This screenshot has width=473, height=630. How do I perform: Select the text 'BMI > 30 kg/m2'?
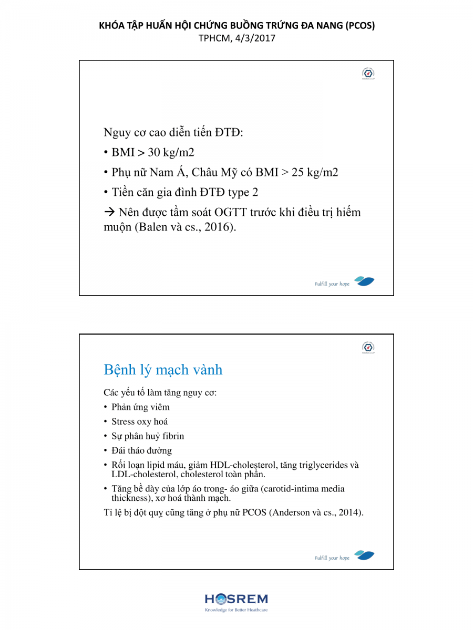point(153,153)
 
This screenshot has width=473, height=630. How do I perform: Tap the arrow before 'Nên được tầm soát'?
point(109,213)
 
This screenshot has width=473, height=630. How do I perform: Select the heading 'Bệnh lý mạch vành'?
point(163,370)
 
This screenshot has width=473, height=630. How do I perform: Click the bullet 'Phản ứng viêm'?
point(140,407)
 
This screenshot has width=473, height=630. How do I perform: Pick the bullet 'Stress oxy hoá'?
point(140,422)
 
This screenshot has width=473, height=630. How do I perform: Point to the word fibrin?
point(172,436)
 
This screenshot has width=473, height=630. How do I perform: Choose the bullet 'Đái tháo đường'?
point(141,450)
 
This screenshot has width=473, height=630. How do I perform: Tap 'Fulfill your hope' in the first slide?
point(332,284)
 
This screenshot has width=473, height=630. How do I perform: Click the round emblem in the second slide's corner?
point(368,347)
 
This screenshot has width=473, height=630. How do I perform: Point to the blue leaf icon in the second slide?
point(364,555)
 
